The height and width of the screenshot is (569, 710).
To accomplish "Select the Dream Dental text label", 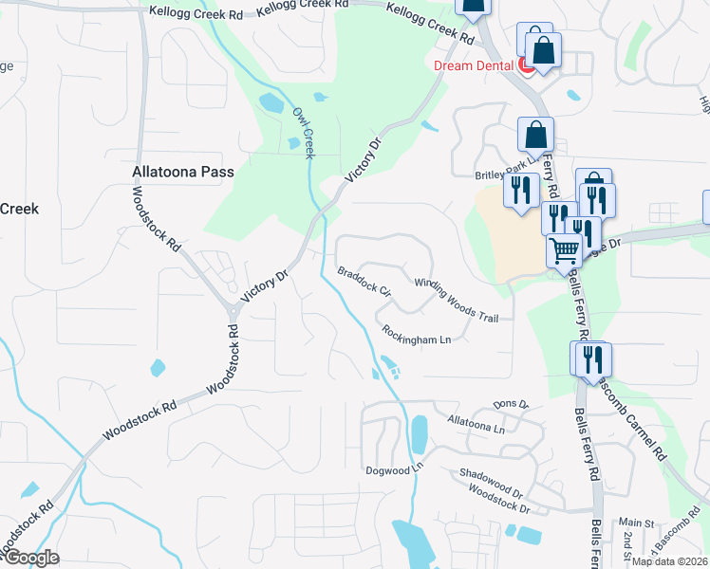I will (x=472, y=65).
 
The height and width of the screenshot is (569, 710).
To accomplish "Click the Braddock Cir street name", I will (x=364, y=281).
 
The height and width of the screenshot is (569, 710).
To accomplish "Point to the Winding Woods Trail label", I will (x=457, y=301).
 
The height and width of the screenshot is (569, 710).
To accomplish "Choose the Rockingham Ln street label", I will (x=416, y=335).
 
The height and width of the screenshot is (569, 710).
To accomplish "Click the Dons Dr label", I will (x=511, y=404).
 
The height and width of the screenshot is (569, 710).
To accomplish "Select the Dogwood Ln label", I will (x=392, y=470).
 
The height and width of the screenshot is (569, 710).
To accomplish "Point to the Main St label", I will (x=637, y=523).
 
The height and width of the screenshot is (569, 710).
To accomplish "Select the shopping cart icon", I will (x=564, y=251).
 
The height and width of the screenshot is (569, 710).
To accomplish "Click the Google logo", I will (x=31, y=558).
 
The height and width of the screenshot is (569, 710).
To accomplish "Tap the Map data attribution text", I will (x=670, y=561).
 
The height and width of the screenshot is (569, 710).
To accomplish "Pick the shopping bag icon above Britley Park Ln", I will (x=535, y=135).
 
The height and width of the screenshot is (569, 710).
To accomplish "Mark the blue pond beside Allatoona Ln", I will (x=419, y=435).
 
